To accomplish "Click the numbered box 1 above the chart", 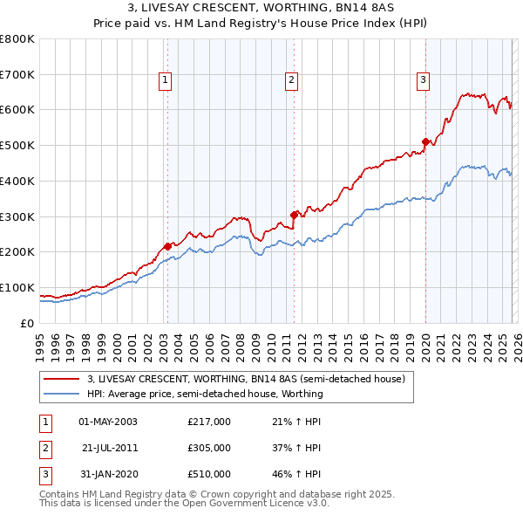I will [x=166, y=80].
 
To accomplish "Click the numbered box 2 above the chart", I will [x=291, y=80].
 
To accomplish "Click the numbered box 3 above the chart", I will [x=423, y=80].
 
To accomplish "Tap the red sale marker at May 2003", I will [x=167, y=246].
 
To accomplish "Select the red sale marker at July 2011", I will [x=294, y=214].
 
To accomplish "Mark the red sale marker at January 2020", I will [x=425, y=141].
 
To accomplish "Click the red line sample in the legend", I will [x=61, y=380].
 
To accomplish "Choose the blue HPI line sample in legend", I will [x=61, y=394].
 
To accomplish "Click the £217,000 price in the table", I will [x=209, y=422].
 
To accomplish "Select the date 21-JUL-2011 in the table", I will [x=110, y=448].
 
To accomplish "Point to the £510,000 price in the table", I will [x=209, y=474].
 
